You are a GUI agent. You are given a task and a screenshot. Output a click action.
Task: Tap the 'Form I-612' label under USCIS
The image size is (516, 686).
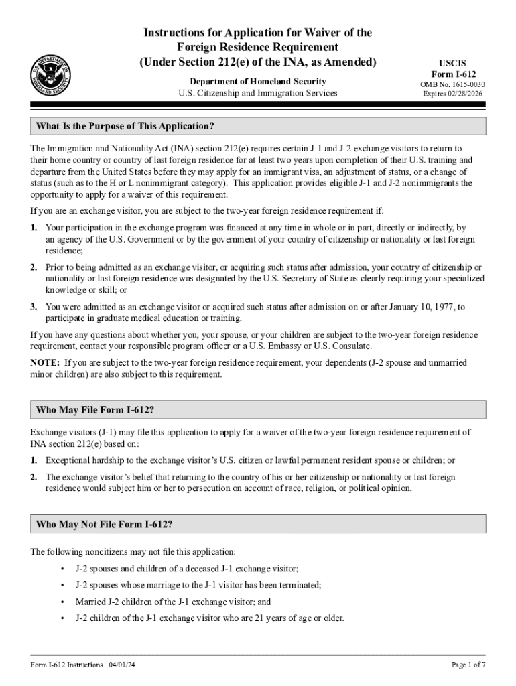(x=454, y=74)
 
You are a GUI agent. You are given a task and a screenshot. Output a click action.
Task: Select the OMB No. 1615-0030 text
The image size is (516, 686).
(x=454, y=84)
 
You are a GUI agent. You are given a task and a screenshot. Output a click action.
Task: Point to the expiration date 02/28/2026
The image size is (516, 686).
(x=468, y=94)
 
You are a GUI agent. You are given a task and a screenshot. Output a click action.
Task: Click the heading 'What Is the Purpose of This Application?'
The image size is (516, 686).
(x=126, y=126)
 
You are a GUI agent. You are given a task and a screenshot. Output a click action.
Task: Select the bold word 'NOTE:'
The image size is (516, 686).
(x=46, y=363)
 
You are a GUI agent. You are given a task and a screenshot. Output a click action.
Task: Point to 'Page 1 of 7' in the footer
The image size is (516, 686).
(x=468, y=665)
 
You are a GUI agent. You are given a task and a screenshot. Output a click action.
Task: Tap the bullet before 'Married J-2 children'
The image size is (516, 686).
(x=62, y=602)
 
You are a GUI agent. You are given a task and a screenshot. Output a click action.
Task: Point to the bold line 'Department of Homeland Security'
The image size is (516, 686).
(x=253, y=81)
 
